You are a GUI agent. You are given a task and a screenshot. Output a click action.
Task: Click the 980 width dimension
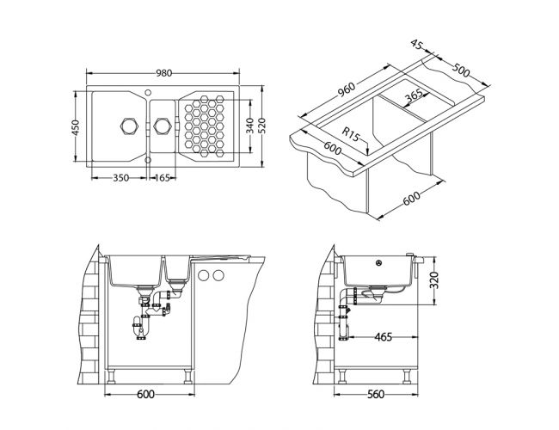tap(164, 73)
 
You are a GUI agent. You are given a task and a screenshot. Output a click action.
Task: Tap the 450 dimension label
tap(76, 127)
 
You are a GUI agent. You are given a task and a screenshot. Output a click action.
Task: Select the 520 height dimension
tap(262, 126)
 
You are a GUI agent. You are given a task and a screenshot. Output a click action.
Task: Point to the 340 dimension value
tap(250, 126)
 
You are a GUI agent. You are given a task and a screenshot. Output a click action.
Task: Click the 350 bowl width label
tap(121, 177)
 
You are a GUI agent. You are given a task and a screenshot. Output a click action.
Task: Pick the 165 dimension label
tap(163, 177)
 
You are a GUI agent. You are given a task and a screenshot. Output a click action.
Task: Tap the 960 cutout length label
tap(347, 89)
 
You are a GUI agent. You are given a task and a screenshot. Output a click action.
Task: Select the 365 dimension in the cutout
tap(415, 95)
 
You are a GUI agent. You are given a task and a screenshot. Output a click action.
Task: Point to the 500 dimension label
tap(461, 71)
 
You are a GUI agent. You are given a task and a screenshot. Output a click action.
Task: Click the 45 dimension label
tap(417, 45)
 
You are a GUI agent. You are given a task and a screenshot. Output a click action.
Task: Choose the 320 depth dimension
tap(433, 279)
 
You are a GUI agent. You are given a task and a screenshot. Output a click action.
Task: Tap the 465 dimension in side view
tap(384, 336)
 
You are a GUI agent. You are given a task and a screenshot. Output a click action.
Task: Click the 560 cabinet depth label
tap(376, 394)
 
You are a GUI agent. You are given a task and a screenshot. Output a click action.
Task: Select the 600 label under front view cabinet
tap(146, 394)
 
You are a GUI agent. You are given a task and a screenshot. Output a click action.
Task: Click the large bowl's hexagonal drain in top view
tap(129, 126)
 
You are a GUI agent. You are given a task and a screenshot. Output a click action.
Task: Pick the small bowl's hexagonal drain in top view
tap(163, 126)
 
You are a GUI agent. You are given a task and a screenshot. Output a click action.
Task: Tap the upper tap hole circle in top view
tap(148, 92)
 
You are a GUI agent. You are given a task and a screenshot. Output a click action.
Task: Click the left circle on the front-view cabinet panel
tap(204, 275)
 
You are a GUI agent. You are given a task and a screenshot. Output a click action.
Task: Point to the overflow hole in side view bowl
tap(379, 263)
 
